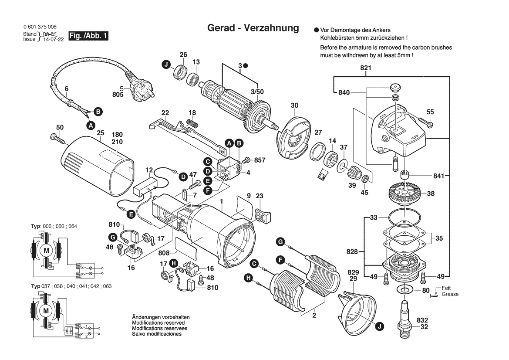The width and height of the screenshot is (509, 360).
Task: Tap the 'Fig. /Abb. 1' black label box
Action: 88,36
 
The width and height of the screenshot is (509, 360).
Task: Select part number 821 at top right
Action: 365,68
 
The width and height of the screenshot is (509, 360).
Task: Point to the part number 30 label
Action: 295,105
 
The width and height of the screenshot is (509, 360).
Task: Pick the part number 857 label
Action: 260,160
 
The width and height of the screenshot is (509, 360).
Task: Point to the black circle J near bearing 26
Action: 166,65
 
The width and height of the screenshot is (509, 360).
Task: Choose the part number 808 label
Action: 164,253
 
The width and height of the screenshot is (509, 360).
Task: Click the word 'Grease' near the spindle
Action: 450,294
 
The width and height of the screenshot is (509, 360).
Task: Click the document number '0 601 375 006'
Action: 40,27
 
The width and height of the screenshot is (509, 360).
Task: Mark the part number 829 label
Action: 353,272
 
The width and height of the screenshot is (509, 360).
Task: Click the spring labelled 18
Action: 191,122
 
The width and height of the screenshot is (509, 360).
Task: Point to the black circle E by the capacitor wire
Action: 130,214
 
